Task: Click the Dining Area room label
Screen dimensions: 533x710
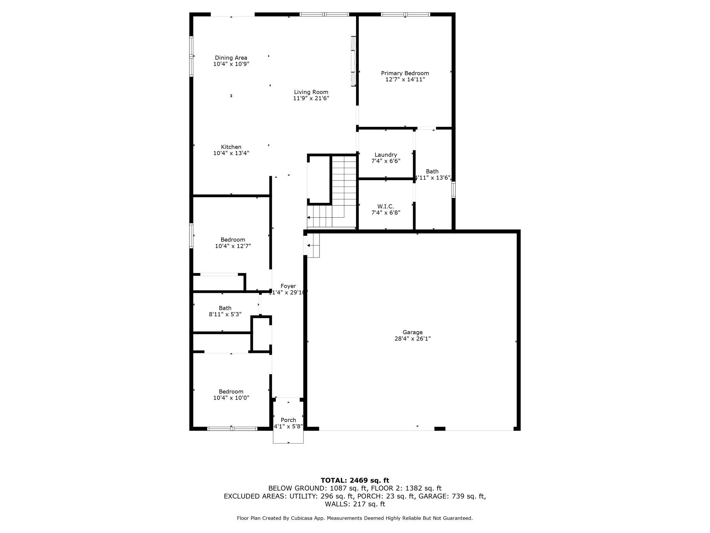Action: point(231,58)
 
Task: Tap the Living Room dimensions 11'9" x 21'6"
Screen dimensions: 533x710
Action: point(311,98)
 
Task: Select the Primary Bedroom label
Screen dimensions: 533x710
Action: point(405,73)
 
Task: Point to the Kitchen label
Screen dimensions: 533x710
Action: point(231,147)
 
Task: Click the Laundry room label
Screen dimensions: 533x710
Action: point(386,155)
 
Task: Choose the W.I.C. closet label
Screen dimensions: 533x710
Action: point(386,206)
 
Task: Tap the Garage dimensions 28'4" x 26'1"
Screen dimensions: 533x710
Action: point(412,339)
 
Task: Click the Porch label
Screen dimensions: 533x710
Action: point(288,420)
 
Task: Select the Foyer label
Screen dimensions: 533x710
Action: point(288,286)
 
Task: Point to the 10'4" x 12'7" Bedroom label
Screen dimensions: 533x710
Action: point(233,240)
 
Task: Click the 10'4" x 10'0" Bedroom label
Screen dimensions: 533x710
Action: point(231,392)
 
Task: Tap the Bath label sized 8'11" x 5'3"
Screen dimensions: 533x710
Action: point(225,308)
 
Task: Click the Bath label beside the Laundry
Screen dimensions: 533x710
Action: point(432,172)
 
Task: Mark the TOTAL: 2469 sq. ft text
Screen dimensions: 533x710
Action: point(355,480)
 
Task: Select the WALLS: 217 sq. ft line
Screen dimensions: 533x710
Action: point(355,504)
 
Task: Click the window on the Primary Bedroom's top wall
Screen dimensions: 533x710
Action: point(405,14)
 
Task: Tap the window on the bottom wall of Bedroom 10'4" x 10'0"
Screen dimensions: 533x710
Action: point(232,428)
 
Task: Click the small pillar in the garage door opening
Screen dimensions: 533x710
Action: point(440,428)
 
